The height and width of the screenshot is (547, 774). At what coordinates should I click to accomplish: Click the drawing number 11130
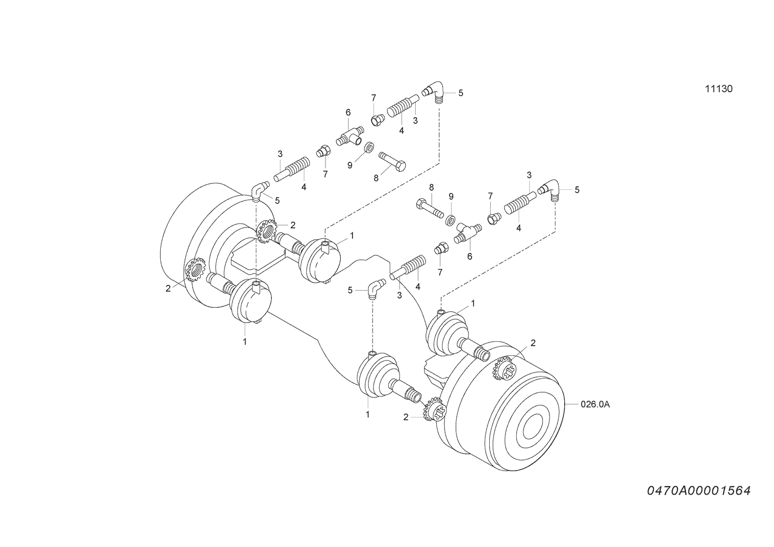pos(719,89)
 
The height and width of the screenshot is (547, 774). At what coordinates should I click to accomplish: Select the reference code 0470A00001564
pos(699,491)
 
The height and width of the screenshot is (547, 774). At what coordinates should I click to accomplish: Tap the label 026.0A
pos(595,404)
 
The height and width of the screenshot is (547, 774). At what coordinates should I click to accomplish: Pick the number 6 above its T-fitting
pos(348,112)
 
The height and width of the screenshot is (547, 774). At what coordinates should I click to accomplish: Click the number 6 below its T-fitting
pos(470,256)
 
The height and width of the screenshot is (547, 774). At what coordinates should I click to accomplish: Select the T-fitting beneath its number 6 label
pos(350,136)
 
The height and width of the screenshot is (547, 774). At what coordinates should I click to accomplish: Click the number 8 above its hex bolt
pos(431,188)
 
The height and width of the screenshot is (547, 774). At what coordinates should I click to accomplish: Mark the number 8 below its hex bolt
pos(376,178)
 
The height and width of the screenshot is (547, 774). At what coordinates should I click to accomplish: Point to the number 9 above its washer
pos(451,197)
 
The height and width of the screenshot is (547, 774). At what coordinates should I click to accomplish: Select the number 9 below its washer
pos(350,166)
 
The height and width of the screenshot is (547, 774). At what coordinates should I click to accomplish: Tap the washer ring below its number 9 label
pos(449,220)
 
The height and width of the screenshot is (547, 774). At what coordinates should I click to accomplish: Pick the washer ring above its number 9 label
pos(369,147)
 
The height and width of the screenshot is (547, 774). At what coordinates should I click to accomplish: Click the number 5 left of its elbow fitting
pos(350,290)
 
